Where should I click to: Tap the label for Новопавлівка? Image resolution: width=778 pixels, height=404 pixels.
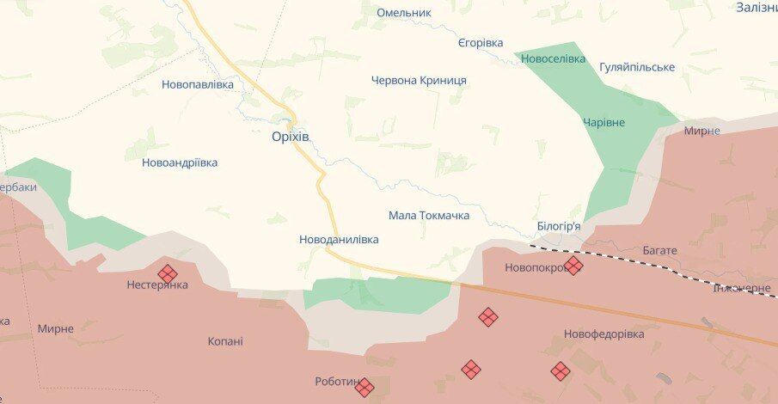tap(198, 84)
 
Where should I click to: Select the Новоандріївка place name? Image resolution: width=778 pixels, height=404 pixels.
tap(180, 162)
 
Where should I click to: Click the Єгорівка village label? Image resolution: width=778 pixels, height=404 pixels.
tap(480, 43)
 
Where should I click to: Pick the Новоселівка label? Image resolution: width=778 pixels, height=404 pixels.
tap(554, 58)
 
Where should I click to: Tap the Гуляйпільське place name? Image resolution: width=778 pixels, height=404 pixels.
tap(637, 67)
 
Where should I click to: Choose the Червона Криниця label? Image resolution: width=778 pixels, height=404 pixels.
tap(419, 80)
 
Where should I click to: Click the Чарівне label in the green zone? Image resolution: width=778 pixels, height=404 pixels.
tap(603, 122)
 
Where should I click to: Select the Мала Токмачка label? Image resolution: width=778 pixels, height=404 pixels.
tap(429, 215)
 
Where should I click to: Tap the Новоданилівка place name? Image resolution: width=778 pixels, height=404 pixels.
tap(339, 240)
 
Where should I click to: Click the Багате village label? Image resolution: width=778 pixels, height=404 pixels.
tap(659, 250)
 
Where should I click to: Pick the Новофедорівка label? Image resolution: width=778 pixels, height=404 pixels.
tap(603, 334)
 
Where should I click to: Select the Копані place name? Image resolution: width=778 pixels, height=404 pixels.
tap(225, 341)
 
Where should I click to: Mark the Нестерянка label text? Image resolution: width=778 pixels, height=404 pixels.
tap(156, 285)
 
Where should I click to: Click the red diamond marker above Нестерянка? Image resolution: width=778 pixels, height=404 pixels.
tap(168, 273)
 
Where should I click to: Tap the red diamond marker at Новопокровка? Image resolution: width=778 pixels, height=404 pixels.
tap(573, 266)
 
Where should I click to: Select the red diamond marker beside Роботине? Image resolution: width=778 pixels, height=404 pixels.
tap(364, 387)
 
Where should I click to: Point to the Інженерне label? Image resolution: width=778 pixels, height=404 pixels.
tap(742, 288)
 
